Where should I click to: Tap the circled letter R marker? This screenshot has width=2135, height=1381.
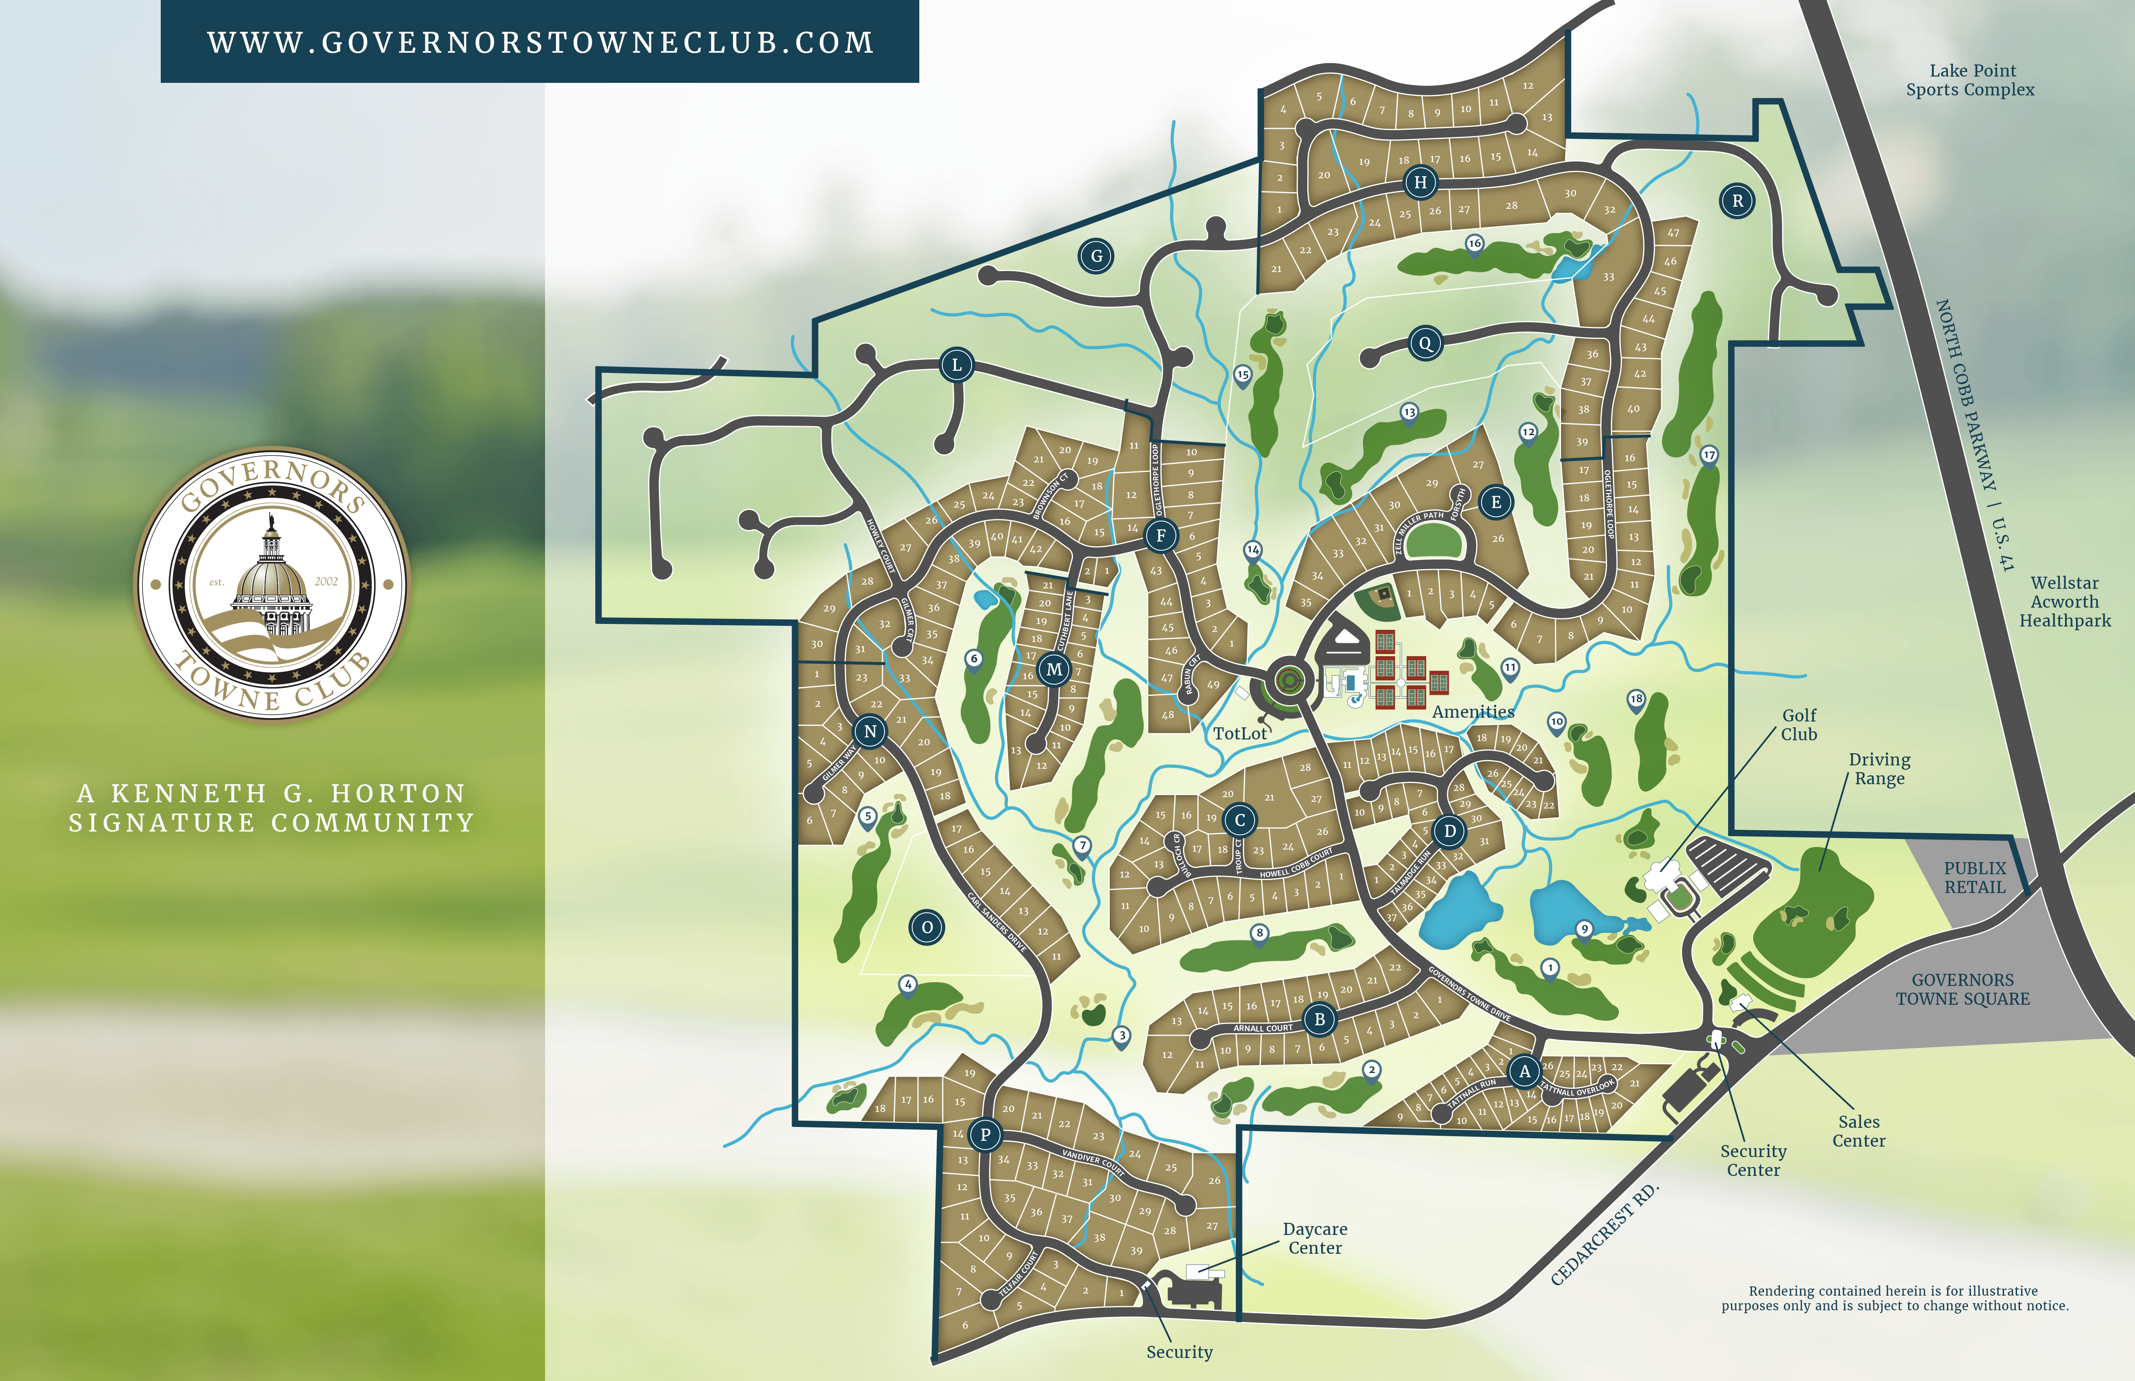click(1738, 201)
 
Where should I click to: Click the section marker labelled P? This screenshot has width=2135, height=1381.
click(985, 1135)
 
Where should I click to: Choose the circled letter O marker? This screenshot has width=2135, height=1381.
click(928, 927)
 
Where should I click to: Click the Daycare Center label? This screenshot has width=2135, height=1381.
click(1315, 1238)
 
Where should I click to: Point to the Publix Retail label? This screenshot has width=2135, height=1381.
click(1974, 877)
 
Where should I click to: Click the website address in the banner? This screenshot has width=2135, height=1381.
click(540, 42)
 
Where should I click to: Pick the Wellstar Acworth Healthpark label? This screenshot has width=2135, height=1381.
click(2065, 602)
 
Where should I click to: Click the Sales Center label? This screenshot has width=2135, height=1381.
click(1859, 1131)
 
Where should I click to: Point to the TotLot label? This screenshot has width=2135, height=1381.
click(1240, 734)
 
